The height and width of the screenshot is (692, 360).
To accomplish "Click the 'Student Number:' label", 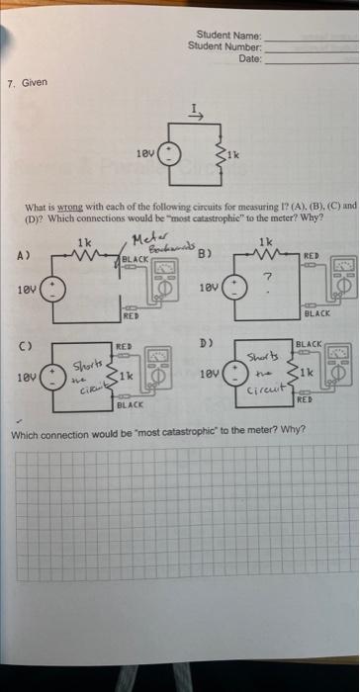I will pos(225,46).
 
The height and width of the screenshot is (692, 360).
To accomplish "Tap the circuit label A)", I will pos(21,253).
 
